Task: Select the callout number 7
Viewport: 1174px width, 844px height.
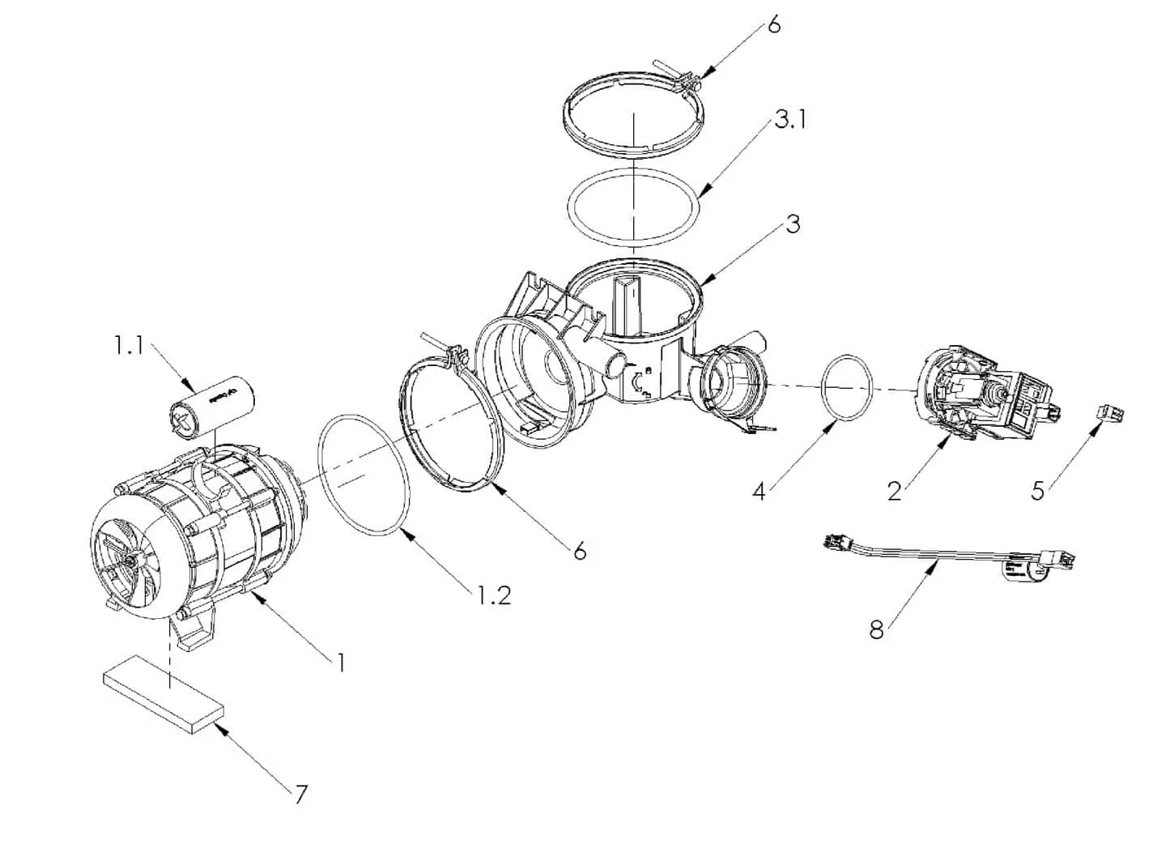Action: coord(300,794)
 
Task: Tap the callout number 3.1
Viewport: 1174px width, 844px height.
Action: coord(789,120)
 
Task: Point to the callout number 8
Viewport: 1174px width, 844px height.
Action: coord(876,629)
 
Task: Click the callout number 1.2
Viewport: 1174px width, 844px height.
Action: coord(492,595)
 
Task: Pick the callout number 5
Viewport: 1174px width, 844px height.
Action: coord(1037,490)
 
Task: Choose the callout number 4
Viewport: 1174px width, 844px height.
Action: coord(759,490)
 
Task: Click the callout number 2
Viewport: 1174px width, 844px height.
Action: coord(894,490)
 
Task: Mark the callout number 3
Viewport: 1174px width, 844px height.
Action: coord(792,224)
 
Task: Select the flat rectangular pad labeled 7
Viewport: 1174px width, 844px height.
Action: coord(164,699)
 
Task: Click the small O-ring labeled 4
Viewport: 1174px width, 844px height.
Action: coord(849,388)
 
